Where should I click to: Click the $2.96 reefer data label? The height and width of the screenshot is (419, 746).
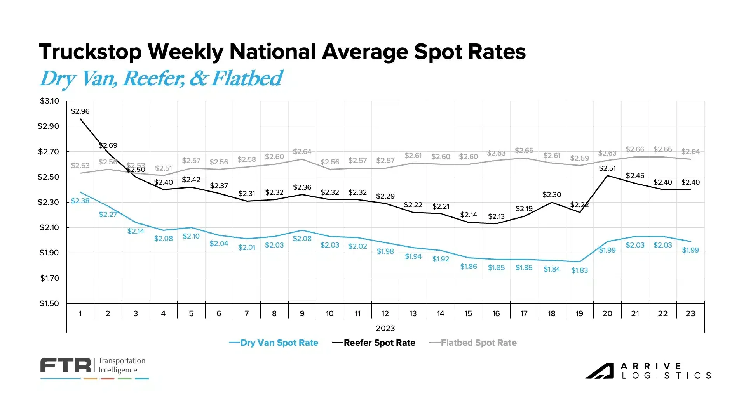[x=80, y=111]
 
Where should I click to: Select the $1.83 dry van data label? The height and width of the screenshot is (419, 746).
[x=579, y=270]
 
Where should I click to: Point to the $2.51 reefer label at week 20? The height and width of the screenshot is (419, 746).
[x=607, y=168]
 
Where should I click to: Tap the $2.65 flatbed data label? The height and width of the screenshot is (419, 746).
[x=524, y=151]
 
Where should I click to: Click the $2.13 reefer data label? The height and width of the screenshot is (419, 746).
[x=496, y=216]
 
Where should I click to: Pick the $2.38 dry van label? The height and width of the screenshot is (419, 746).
[x=80, y=201]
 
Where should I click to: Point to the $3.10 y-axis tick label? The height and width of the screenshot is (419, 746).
[x=49, y=101]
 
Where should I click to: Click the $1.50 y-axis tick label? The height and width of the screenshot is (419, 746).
[x=49, y=303]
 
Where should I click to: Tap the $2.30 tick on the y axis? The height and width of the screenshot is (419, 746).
[x=48, y=202]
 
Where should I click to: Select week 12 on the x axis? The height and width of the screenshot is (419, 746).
[x=385, y=313]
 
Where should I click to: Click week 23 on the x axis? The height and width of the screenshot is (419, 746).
[x=690, y=313]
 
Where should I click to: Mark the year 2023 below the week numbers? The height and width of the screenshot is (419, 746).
[x=385, y=328]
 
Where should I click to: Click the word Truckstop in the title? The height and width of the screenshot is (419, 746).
[x=90, y=52]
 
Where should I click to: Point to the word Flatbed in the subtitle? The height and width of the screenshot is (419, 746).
[x=247, y=78]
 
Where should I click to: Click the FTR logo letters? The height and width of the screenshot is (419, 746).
[x=65, y=365]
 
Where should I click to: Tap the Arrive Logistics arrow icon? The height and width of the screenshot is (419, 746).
[x=599, y=371]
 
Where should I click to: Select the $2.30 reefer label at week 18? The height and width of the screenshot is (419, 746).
[x=552, y=195]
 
